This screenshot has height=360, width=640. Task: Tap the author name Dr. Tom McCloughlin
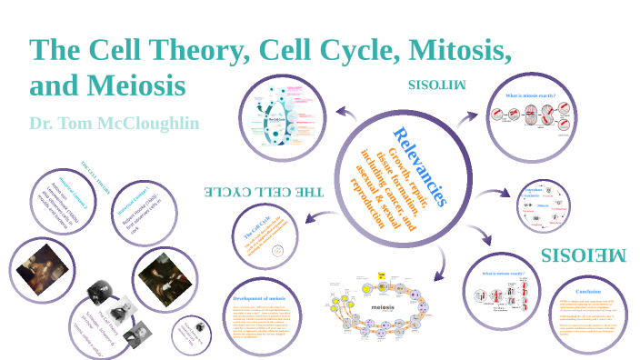tap(114, 123)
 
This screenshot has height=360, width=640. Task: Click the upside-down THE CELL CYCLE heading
tap(263, 192)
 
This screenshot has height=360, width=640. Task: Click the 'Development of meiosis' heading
tap(259, 297)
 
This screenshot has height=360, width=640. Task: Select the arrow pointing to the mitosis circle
tap(467, 118)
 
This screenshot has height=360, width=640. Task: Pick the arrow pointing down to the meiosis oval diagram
tap(440, 265)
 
